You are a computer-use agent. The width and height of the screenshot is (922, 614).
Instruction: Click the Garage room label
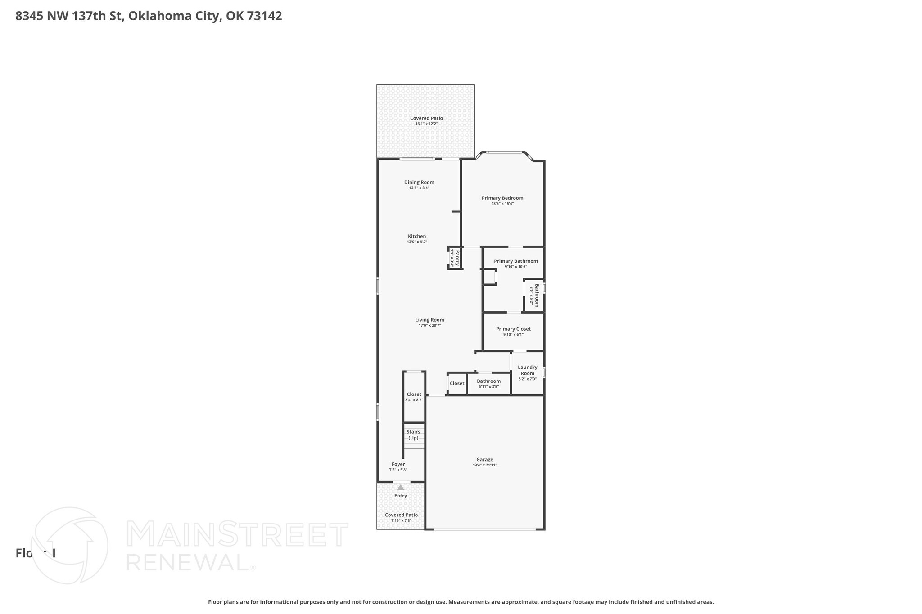click(x=484, y=459)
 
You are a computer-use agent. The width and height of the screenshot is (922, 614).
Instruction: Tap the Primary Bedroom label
click(x=502, y=198)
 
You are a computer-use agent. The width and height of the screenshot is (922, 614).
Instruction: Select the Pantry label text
click(x=457, y=258)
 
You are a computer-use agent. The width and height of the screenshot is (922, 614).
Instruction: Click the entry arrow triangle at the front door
click(x=400, y=487)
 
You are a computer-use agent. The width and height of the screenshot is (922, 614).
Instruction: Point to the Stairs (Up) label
click(x=413, y=435)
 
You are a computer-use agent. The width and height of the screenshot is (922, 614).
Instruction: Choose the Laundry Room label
click(x=528, y=370)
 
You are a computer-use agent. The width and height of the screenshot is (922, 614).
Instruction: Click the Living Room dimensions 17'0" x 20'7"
click(x=429, y=325)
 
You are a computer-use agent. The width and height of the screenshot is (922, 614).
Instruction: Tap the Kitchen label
click(x=417, y=236)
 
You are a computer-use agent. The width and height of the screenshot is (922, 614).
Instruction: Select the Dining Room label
click(x=419, y=182)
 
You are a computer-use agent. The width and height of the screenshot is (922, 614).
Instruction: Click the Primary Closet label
click(x=513, y=329)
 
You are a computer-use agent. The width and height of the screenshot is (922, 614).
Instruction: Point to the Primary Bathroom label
click(x=516, y=261)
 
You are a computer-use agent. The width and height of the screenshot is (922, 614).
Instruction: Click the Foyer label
click(x=398, y=464)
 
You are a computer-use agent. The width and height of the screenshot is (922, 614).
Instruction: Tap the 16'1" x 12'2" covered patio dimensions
click(x=426, y=124)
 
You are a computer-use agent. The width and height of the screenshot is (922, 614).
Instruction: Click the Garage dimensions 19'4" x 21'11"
click(x=484, y=465)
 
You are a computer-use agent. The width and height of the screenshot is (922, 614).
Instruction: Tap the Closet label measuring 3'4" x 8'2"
click(x=414, y=394)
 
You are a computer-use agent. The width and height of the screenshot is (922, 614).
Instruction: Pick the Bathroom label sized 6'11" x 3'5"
click(x=488, y=381)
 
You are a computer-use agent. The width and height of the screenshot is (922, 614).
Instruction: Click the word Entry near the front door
click(x=400, y=496)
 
